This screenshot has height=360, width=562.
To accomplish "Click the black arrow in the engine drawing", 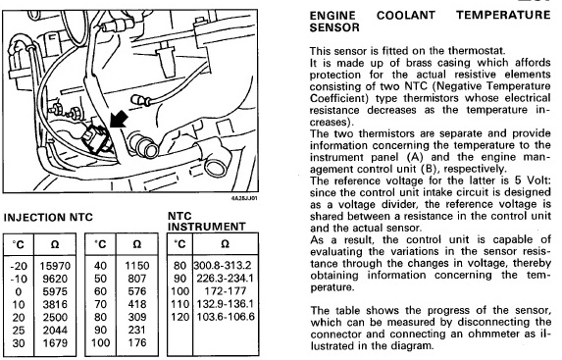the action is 119,119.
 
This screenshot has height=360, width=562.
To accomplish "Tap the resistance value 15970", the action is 55,266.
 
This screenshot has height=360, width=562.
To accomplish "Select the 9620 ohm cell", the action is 55,279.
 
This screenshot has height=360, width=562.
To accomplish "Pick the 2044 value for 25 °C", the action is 55,330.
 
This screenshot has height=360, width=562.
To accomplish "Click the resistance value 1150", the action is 137,266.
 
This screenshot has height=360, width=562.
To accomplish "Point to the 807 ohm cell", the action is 137,279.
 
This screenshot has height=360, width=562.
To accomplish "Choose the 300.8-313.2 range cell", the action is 223,265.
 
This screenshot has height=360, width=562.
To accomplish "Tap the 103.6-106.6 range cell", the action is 226,317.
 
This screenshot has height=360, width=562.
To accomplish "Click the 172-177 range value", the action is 226,290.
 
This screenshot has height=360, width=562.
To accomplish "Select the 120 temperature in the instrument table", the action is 179,317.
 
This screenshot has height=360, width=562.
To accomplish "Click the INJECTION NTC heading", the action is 48,218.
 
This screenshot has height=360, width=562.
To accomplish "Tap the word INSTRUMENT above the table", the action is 206,227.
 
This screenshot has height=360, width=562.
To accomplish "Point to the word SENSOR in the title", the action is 334,27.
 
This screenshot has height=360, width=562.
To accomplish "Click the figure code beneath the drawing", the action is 244,198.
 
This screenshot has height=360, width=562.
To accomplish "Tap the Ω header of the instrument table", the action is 225,244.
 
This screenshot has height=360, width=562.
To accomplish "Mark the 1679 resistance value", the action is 55,342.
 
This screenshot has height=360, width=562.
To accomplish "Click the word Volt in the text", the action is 538,180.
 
